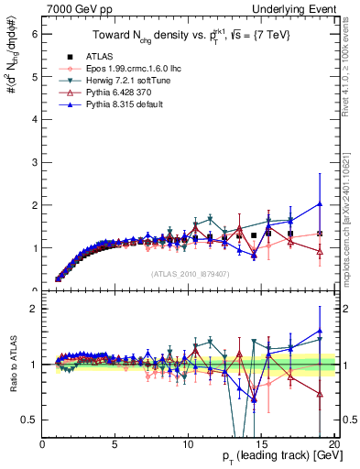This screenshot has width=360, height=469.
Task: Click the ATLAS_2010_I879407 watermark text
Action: (x=190, y=272)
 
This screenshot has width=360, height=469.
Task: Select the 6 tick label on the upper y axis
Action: (x=35, y=33)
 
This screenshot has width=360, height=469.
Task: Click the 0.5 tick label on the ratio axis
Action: (x=29, y=420)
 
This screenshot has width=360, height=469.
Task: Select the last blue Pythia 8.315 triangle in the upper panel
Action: (x=320, y=203)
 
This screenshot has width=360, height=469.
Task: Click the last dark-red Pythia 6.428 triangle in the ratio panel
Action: (x=320, y=394)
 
